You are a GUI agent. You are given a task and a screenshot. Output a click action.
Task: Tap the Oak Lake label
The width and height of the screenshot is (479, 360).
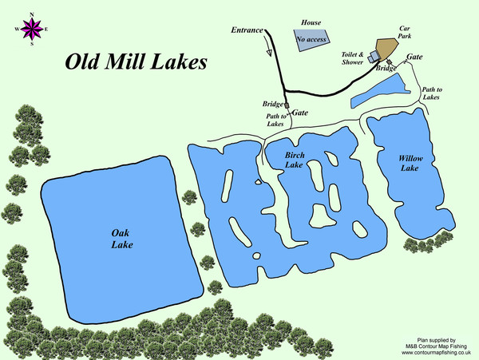pos(122,238)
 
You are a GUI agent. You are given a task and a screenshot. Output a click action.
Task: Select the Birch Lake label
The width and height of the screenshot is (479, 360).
pos(295,160)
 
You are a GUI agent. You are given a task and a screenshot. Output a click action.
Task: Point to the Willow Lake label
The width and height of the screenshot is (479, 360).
pos(410,164)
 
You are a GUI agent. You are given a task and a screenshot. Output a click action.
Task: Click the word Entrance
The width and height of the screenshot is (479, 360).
pos(247,30)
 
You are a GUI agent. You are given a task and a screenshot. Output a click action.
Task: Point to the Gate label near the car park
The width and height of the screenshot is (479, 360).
pos(415,57)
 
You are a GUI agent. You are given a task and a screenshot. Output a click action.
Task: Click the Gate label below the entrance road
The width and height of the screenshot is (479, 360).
pos(300,113)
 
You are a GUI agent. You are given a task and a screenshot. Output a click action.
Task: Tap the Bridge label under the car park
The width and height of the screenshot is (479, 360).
pos(386,69)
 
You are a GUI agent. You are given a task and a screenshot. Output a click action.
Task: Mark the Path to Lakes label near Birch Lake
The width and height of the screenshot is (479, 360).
pos(276,120)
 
